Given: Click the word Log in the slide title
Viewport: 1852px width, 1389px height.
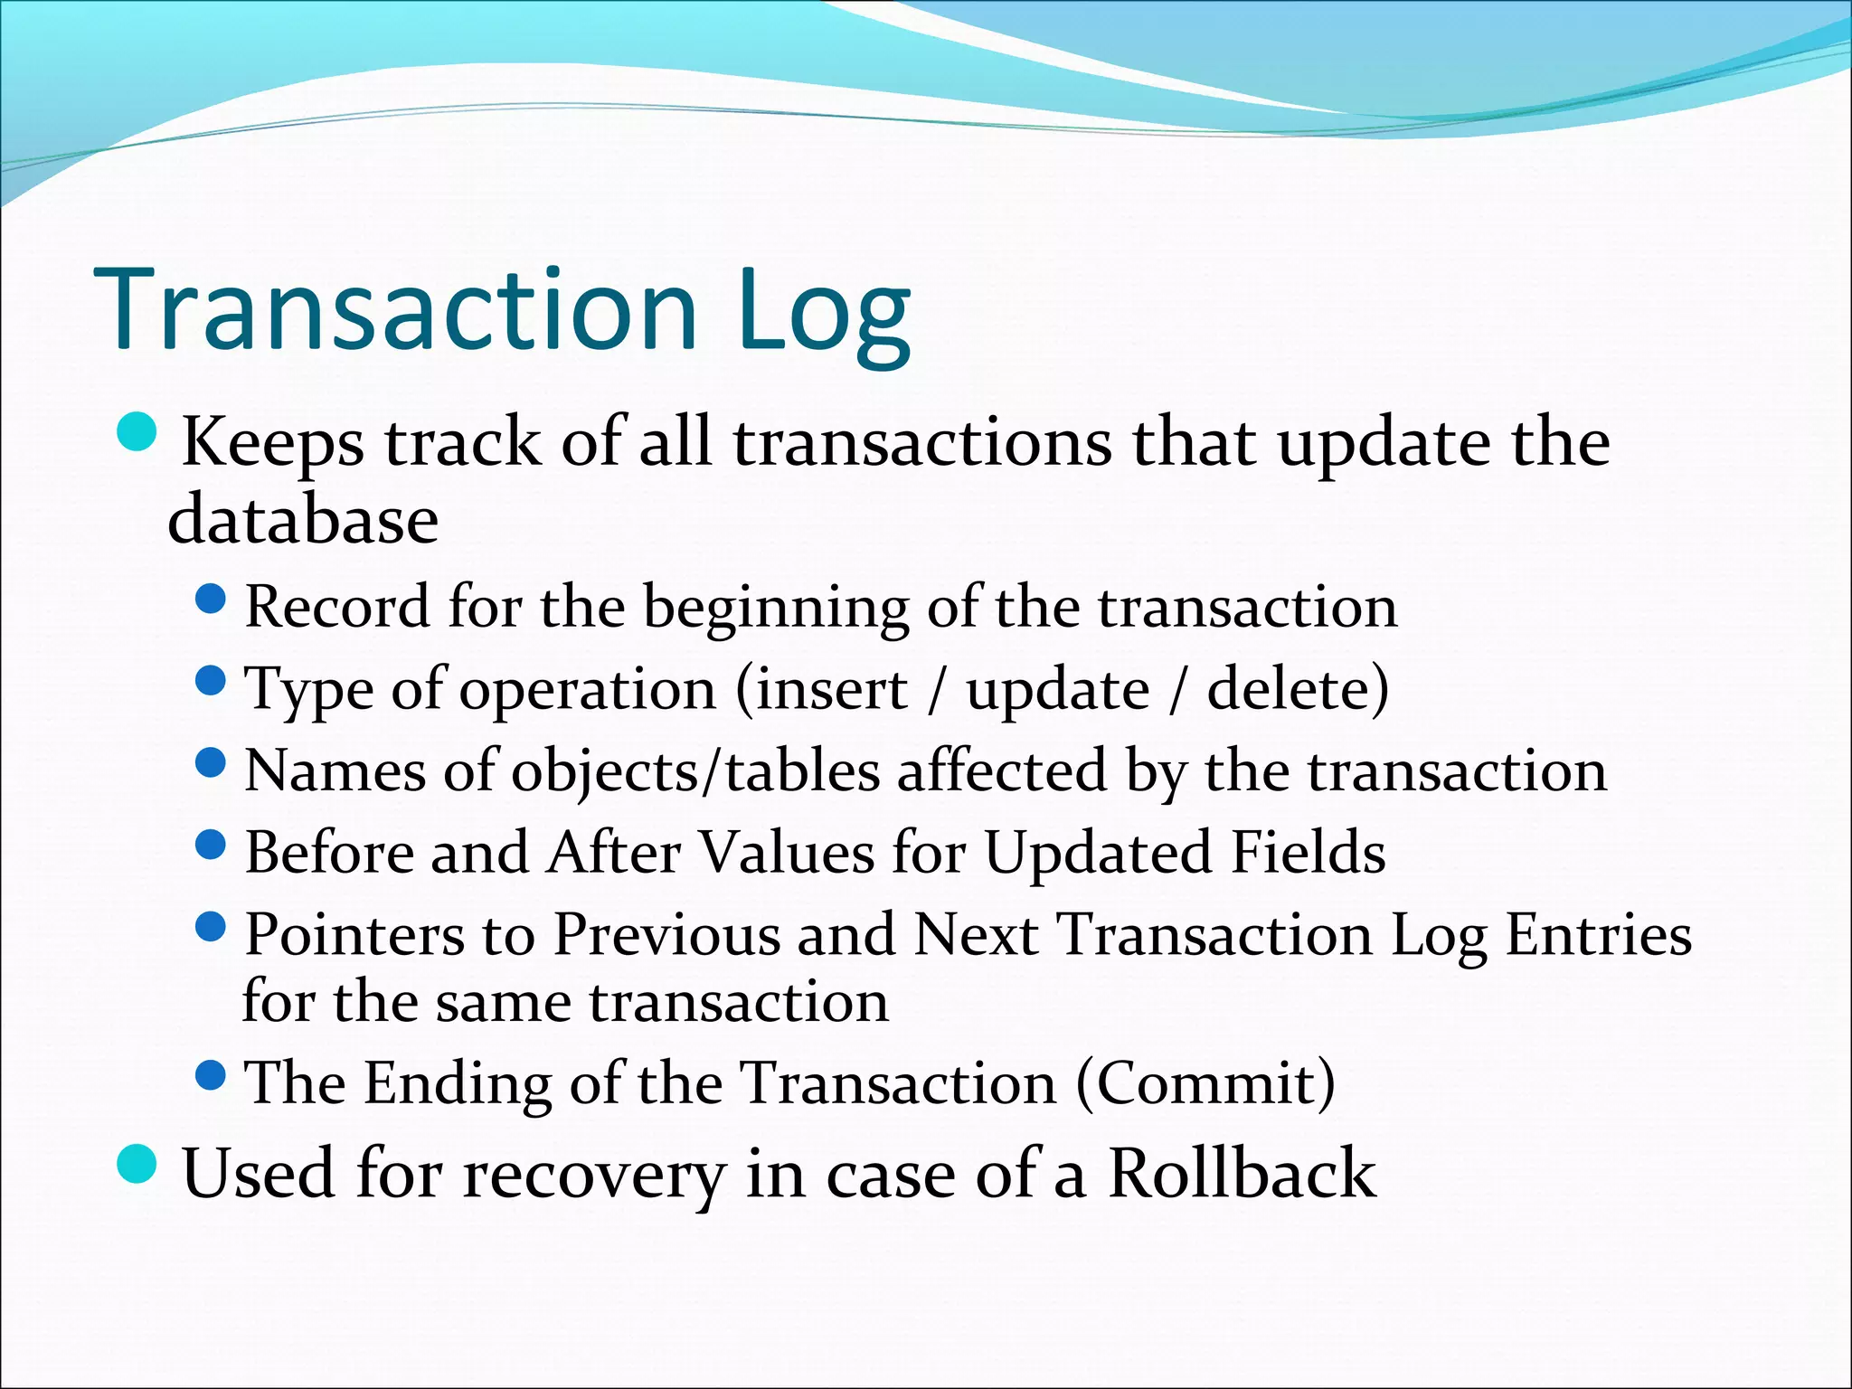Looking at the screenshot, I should [x=823, y=312].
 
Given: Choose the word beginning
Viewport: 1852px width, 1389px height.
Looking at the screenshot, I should [x=776, y=608].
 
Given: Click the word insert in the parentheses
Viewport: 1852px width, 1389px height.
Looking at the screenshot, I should [x=830, y=690].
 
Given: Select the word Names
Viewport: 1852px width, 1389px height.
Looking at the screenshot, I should [x=335, y=771].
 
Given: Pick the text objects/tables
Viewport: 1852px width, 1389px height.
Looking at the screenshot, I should [x=696, y=773].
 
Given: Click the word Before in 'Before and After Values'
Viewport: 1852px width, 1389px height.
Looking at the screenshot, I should [x=328, y=853].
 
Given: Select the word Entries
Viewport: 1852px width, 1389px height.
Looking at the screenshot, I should [x=1598, y=934].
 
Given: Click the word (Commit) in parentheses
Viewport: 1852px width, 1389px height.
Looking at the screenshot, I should [x=1205, y=1082].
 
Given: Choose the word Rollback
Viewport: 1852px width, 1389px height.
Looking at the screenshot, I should [x=1242, y=1173].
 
